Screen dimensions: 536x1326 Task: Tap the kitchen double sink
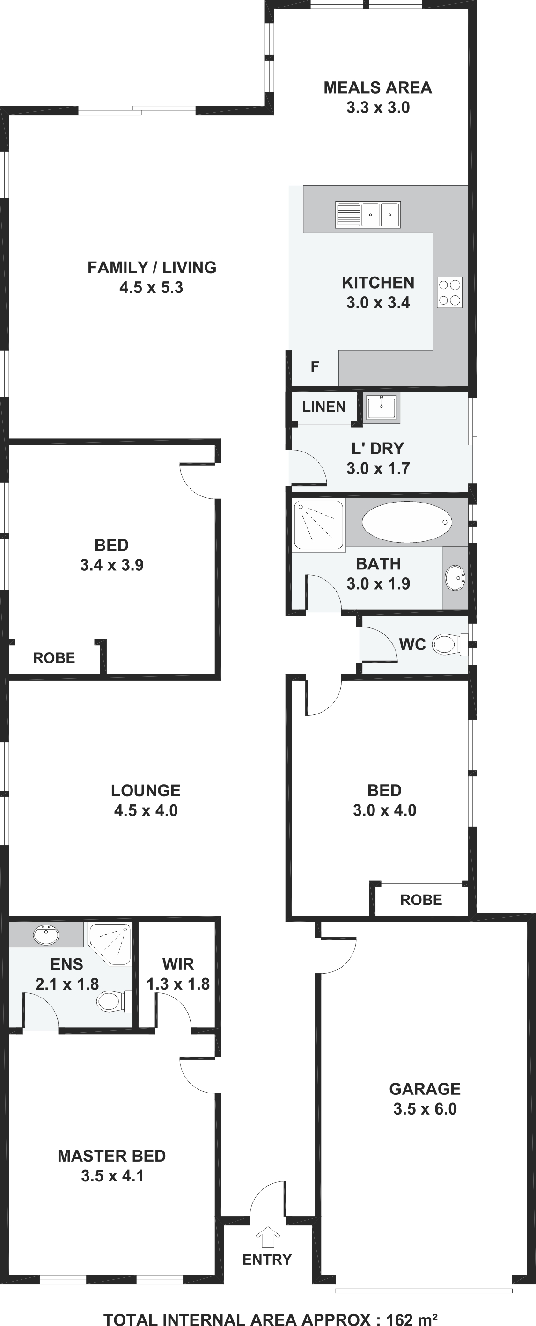[x=368, y=215]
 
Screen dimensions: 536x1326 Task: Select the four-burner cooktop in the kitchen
[x=449, y=292]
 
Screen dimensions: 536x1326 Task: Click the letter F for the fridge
[x=315, y=366]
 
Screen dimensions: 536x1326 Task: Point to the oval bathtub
[x=407, y=522]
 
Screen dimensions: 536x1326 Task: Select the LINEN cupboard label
[x=324, y=407]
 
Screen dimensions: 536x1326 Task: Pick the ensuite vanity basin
[x=46, y=934]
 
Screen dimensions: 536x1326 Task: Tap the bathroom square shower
[x=319, y=525]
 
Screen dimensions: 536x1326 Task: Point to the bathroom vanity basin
[x=455, y=577]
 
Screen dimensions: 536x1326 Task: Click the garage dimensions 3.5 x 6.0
[x=425, y=1108]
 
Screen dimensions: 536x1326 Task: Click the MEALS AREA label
[x=378, y=87]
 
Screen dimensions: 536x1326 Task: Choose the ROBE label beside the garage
[x=421, y=900]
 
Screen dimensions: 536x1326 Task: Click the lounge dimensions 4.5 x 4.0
[x=146, y=810]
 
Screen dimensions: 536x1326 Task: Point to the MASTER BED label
[x=112, y=1156]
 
